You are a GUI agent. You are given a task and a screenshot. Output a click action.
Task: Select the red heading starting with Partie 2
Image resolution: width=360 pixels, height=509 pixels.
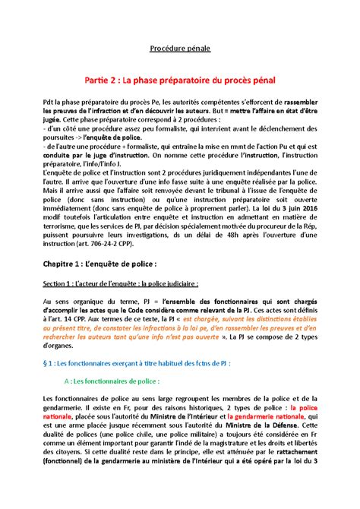(179, 79)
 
